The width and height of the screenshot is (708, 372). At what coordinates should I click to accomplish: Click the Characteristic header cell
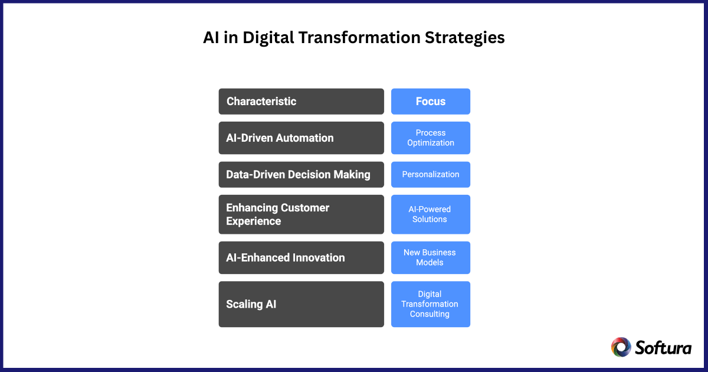tap(301, 102)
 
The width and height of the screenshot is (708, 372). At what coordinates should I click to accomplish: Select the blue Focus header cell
tap(430, 102)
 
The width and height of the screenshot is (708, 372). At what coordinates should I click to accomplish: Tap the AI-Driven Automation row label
tap(301, 138)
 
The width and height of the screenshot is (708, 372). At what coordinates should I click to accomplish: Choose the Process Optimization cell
tap(430, 138)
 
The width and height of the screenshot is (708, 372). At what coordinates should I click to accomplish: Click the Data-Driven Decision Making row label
tap(301, 175)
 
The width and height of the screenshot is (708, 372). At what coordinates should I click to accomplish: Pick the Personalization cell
tap(430, 175)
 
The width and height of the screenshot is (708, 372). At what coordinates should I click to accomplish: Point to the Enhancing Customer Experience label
tap(301, 214)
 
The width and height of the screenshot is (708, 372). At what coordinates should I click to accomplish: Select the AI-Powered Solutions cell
tap(430, 214)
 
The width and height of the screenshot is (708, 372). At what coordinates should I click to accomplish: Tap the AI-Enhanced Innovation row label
tap(301, 257)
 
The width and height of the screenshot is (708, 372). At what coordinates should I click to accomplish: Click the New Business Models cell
tap(430, 257)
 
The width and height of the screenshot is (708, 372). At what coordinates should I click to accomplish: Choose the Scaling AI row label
tap(301, 304)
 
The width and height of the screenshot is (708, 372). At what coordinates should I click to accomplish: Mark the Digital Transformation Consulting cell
tap(430, 304)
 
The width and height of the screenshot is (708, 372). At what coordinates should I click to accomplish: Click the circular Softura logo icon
tap(621, 347)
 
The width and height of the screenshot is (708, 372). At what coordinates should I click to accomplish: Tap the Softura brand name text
tap(663, 347)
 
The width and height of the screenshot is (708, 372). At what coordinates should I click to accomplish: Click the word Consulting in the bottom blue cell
tap(430, 314)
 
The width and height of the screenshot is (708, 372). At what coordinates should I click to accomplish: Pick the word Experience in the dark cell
tap(253, 221)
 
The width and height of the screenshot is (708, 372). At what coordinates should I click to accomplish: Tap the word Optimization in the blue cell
tap(430, 143)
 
